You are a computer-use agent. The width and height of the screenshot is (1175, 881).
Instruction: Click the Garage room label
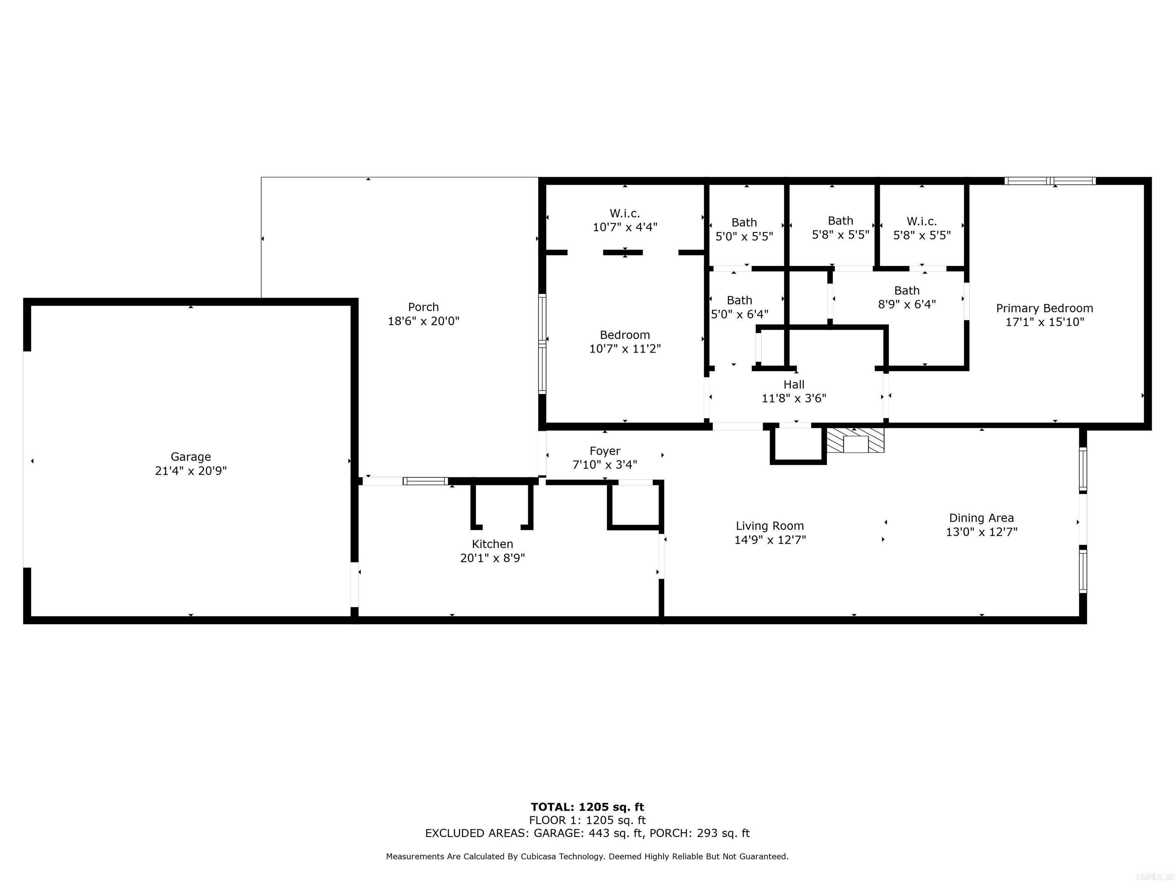[x=191, y=457]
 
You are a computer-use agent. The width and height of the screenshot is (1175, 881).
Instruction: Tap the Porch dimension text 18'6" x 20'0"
[x=423, y=321]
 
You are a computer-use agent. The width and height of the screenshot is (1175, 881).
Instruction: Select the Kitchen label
[x=492, y=544]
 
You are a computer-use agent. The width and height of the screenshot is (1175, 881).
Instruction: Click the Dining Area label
[x=981, y=518]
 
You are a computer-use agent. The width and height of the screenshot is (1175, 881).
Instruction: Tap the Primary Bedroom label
[x=1044, y=308]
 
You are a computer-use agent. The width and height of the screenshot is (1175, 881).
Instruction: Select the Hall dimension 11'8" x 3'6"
[x=794, y=398]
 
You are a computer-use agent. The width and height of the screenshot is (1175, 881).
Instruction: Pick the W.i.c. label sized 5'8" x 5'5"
[x=922, y=221]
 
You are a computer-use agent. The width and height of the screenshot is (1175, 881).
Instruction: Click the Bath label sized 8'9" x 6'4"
[x=907, y=291]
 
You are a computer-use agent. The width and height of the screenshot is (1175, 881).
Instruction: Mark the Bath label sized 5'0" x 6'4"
[x=739, y=300]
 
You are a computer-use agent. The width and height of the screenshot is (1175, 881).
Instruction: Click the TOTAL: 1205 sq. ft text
[x=587, y=807]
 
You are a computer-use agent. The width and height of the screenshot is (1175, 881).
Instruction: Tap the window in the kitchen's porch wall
[x=425, y=481]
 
